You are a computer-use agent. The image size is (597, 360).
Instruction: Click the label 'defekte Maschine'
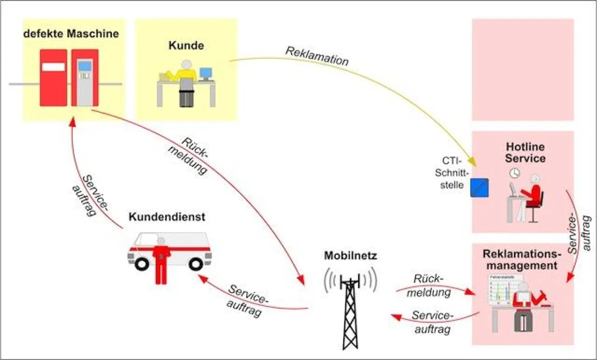pos(72,34)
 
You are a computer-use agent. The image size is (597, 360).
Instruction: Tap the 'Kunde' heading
pos(186,46)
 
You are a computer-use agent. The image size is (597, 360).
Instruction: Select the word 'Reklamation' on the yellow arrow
pos(316,56)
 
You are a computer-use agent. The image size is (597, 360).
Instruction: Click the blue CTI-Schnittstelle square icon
pos(480,187)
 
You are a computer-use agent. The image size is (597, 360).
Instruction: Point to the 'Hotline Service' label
pos(525,153)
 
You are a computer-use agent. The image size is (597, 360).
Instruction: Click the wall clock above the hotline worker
pos(514,173)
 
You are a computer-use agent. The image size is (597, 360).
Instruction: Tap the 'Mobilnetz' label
pos(351,257)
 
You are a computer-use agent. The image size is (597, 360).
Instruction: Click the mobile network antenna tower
pos(350,306)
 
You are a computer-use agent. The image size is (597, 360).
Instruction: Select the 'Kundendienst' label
pos(167,217)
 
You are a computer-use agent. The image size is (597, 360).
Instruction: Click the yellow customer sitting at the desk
pos(186,80)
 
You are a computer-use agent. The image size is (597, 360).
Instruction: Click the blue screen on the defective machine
pos(86,66)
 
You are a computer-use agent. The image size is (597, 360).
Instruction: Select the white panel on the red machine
pos(53,67)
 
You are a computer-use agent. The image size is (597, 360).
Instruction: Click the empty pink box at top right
pos(522,69)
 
